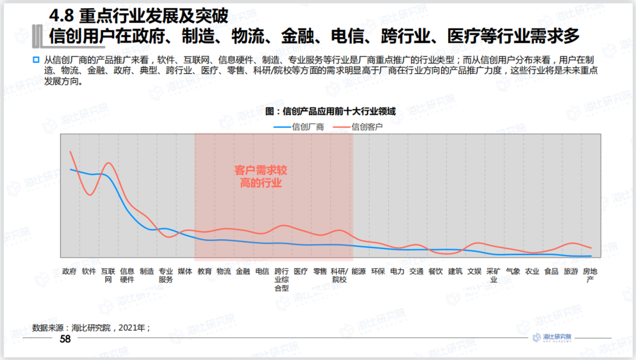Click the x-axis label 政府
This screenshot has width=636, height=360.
69,272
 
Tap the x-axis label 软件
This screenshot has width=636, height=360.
89,272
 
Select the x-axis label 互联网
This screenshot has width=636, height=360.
108,275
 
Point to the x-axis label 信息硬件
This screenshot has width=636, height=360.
127,275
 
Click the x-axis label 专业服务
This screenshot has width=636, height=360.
166,275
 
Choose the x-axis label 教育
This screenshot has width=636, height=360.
204,272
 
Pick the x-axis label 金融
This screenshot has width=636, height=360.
243,272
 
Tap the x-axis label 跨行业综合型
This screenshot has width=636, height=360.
281,279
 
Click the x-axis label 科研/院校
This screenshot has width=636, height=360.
339,275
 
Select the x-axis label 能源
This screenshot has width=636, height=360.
359,272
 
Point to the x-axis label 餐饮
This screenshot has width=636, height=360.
436,272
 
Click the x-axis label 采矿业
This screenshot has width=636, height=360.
493,275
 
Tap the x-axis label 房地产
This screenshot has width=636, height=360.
589,275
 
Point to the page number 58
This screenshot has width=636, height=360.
65,339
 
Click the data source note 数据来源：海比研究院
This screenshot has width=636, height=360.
91,327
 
